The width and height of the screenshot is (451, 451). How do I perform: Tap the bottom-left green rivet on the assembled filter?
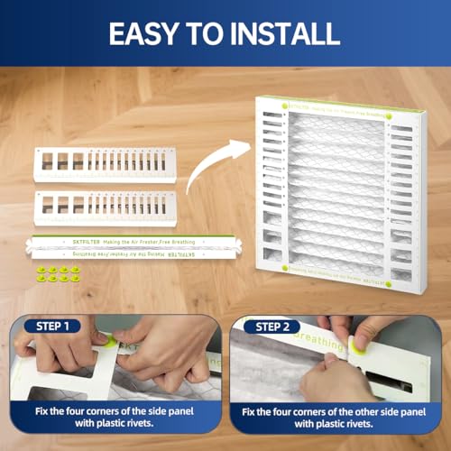[286, 269]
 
